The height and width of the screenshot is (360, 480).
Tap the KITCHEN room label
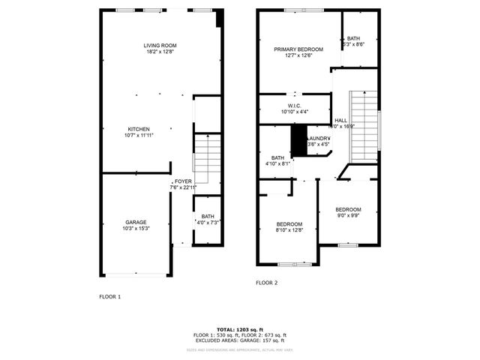138,129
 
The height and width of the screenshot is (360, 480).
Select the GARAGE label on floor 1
136,222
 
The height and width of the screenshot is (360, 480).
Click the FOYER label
183,181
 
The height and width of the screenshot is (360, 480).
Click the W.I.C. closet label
294,106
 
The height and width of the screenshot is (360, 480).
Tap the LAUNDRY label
319,138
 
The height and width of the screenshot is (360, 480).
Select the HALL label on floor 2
340,120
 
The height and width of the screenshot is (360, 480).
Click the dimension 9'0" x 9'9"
348,216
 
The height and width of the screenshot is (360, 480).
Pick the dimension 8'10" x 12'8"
289,230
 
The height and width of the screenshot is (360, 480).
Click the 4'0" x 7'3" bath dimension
207,223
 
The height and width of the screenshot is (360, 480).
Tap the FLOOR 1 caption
110,297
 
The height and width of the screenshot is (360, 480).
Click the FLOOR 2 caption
266,283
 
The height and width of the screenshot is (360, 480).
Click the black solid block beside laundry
298,139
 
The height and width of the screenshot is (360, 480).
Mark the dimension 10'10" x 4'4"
294,112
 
